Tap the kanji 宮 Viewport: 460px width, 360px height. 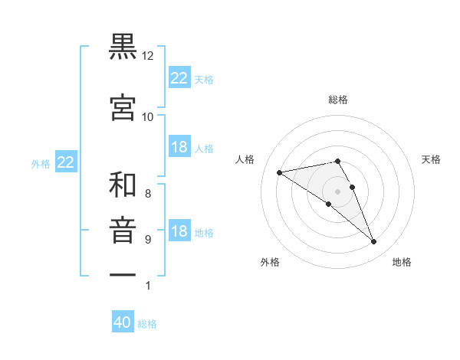click(x=123, y=108)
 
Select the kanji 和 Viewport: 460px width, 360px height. click(x=123, y=185)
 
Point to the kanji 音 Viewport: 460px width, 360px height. click(x=123, y=231)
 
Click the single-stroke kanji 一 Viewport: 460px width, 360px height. click(x=123, y=274)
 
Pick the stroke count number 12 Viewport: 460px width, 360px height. click(x=148, y=56)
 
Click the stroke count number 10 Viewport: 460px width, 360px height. click(x=148, y=117)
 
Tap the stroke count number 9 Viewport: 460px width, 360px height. click(x=147, y=240)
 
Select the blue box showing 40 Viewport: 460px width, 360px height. click(x=123, y=322)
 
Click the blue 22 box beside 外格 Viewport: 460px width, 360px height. click(x=65, y=162)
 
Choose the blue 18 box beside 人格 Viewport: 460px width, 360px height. click(x=179, y=147)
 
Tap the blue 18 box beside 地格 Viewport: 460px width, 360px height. click(x=179, y=232)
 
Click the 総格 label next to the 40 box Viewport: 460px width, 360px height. click(x=147, y=324)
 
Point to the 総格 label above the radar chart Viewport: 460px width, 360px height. click(x=338, y=100)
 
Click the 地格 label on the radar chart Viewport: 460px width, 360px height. click(x=402, y=262)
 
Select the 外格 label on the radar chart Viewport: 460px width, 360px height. click(x=270, y=262)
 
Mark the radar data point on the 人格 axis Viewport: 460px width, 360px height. click(x=280, y=172)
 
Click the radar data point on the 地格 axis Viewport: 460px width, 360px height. click(x=374, y=242)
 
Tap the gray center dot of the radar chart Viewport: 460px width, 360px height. click(x=337, y=191)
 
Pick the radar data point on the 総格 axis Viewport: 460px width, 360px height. click(x=337, y=161)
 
